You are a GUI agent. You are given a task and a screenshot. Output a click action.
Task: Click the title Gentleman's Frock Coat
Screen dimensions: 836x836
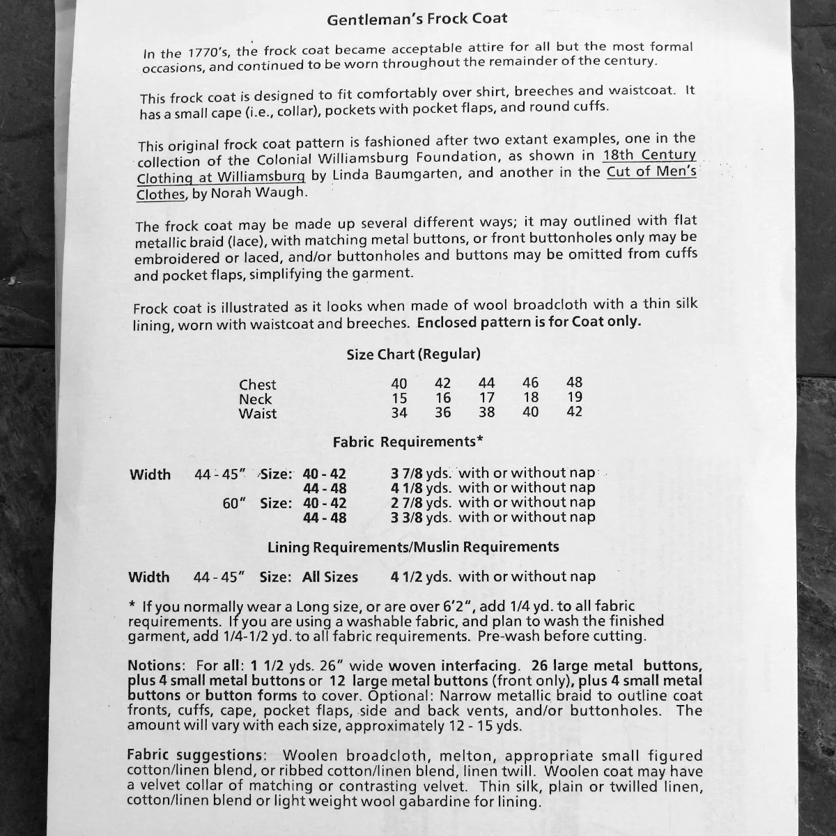(417, 19)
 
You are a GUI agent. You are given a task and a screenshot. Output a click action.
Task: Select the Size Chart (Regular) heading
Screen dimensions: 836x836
(414, 355)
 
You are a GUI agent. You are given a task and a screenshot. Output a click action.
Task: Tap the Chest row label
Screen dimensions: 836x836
(257, 385)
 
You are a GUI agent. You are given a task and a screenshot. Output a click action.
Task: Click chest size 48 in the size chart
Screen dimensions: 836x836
(575, 382)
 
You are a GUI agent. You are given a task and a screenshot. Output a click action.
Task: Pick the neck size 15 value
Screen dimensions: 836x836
(399, 398)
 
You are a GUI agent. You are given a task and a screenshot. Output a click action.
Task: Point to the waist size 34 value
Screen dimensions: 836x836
(399, 413)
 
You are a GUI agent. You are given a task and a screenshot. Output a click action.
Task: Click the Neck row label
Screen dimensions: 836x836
(255, 399)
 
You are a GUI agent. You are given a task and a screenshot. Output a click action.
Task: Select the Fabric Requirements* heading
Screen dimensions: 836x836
(408, 442)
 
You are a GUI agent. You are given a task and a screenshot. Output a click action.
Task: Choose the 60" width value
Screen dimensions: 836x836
(235, 504)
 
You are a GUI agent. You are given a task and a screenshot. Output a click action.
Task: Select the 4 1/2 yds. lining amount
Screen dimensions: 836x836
(421, 577)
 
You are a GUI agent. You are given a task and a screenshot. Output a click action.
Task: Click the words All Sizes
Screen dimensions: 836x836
(330, 578)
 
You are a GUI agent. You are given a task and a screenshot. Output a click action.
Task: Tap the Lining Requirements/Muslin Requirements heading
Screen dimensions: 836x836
(413, 548)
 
